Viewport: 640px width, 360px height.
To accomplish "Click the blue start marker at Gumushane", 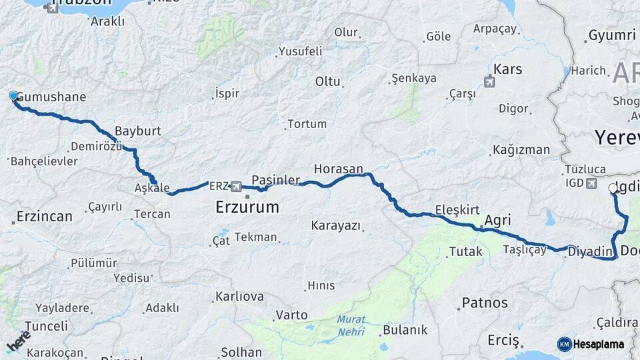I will [x=13, y=97].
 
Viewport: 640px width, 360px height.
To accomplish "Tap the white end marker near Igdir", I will [x=613, y=189].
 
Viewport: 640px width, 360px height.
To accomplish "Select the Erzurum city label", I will [x=247, y=207].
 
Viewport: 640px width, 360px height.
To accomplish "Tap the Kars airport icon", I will [x=490, y=83].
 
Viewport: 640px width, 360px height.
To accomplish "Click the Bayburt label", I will [x=138, y=131].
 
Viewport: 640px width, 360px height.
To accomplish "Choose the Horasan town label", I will [x=339, y=169].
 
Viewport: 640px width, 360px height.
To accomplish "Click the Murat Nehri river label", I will [x=351, y=325].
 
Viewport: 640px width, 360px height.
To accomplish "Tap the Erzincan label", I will [x=44, y=217].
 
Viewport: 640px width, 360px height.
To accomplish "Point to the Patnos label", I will [x=485, y=303].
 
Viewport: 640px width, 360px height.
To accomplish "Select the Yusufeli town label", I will [x=300, y=51].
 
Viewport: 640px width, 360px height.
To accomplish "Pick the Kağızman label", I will [x=521, y=150].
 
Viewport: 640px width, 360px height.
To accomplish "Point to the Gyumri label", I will [x=612, y=35].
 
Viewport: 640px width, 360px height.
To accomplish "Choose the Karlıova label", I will [x=239, y=297].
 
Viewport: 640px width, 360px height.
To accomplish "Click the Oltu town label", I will [x=328, y=81].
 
